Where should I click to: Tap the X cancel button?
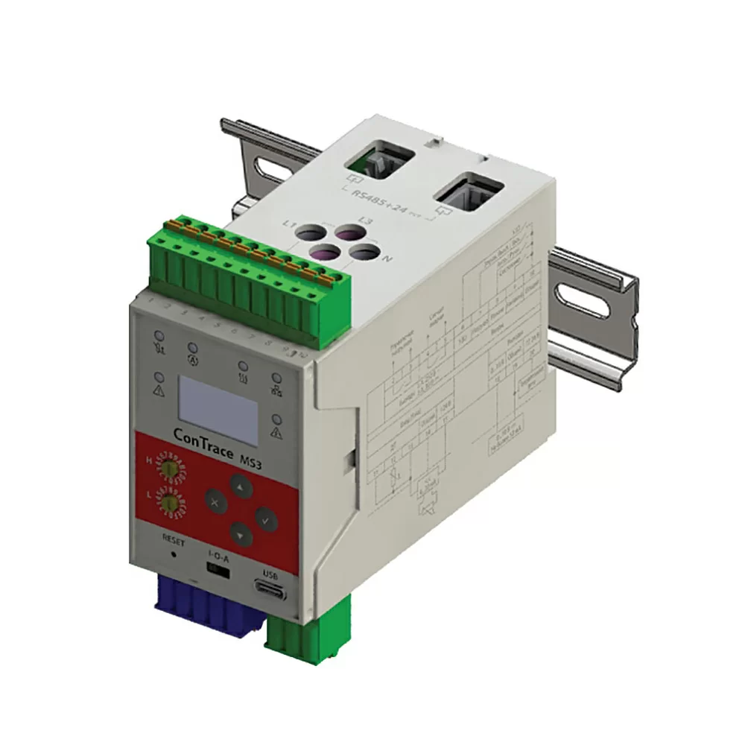pos(215,502)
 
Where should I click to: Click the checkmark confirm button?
pos(266,519)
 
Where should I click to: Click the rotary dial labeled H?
pos(171,468)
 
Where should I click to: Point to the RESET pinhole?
pos(174,554)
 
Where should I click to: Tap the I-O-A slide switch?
pos(217,568)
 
